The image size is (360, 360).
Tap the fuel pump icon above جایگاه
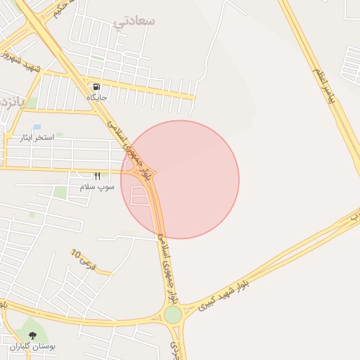click(x=96, y=86)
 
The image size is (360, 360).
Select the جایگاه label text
click(x=96, y=97)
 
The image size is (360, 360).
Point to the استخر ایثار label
click(x=49, y=139)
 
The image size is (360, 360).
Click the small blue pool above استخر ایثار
click(x=37, y=127)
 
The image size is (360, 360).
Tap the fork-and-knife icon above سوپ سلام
click(x=97, y=176)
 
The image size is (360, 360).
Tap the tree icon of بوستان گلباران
click(x=32, y=335)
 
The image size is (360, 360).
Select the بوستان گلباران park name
click(x=33, y=347)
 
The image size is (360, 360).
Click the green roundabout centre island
click(x=172, y=314)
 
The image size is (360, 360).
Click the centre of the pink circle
click(x=180, y=179)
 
